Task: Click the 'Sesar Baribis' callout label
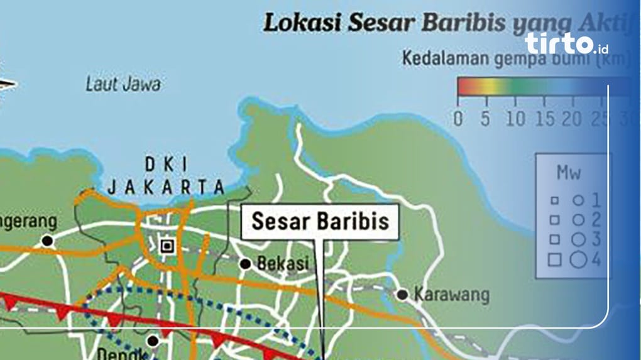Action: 320,222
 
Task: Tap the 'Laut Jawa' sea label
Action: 123,84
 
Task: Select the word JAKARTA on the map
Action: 166,187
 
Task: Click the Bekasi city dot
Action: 246,265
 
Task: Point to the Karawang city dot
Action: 402,294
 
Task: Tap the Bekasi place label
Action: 283,264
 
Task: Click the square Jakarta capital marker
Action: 167,246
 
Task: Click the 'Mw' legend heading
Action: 568,172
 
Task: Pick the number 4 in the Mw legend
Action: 596,258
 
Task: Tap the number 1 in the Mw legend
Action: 595,201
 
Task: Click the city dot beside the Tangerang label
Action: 47,241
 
